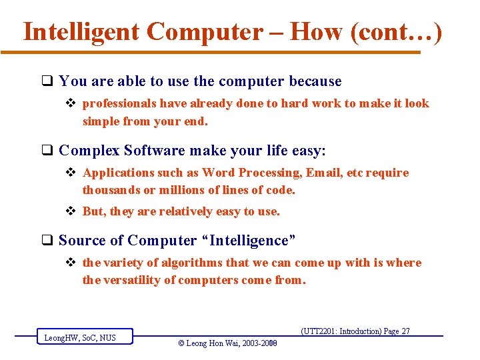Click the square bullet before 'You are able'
point(48,82)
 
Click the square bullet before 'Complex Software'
point(48,151)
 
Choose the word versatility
point(139,280)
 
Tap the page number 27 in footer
point(405,331)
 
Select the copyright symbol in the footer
point(182,343)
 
